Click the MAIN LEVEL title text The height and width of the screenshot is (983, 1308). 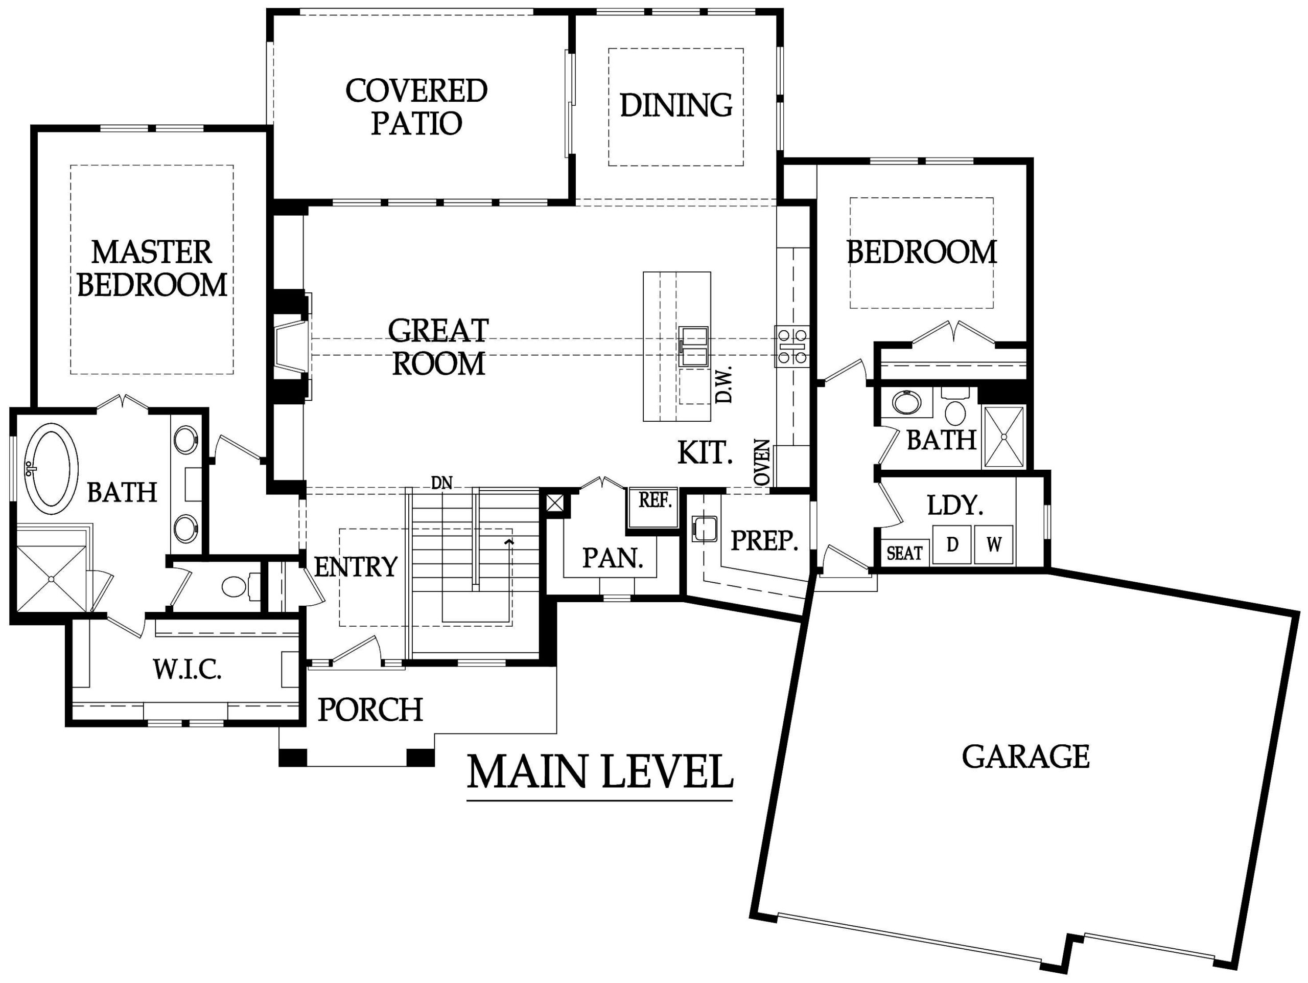[600, 771]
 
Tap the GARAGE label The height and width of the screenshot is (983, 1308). [1025, 757]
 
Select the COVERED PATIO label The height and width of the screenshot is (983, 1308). [416, 107]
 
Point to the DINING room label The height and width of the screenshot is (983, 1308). [676, 105]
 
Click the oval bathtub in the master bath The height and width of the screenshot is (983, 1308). [51, 468]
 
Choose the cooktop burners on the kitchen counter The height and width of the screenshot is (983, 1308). [792, 347]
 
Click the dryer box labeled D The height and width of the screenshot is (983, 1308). [952, 544]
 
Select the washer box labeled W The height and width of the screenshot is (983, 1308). [993, 544]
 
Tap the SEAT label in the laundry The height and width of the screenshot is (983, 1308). [904, 553]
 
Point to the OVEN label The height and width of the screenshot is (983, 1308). [763, 463]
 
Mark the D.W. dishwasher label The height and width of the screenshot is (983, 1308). [724, 384]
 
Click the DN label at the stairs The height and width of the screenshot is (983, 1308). [442, 483]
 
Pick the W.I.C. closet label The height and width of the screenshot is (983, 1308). [188, 670]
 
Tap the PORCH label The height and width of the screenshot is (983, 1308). [370, 709]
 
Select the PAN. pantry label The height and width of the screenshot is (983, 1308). [613, 558]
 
